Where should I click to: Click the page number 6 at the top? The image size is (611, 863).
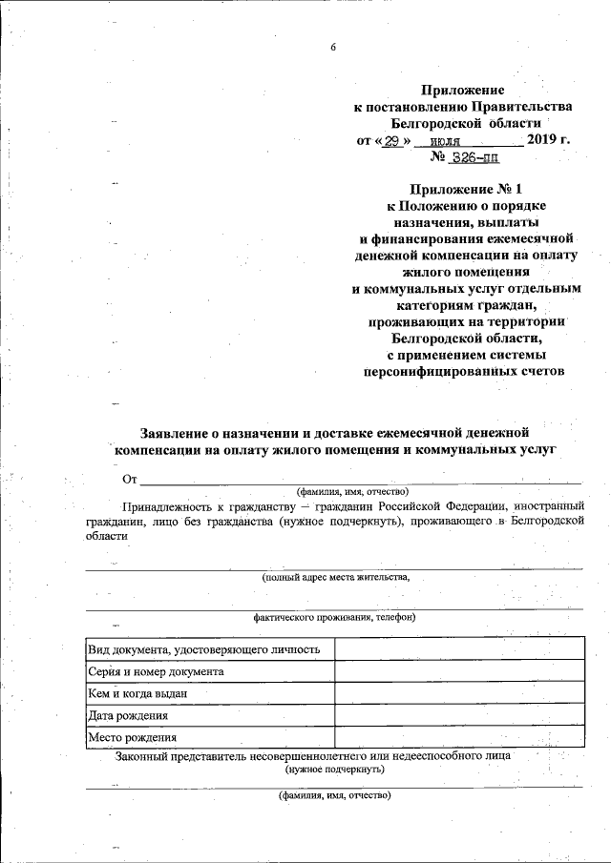pos(333,47)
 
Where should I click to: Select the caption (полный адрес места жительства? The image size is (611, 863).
pos(336,577)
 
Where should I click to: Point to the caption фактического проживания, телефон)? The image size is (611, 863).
pos(334,617)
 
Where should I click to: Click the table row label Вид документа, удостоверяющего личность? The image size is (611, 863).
pos(202,649)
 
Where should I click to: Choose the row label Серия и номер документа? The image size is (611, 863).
pos(156,671)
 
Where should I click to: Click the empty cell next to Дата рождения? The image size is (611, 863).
pos(458,715)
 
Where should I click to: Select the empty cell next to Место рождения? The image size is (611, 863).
pos(458,737)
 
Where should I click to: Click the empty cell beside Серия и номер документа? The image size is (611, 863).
pos(458,671)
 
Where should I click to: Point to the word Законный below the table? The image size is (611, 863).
pos(142,755)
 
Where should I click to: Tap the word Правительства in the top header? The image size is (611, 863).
pos(517,105)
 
